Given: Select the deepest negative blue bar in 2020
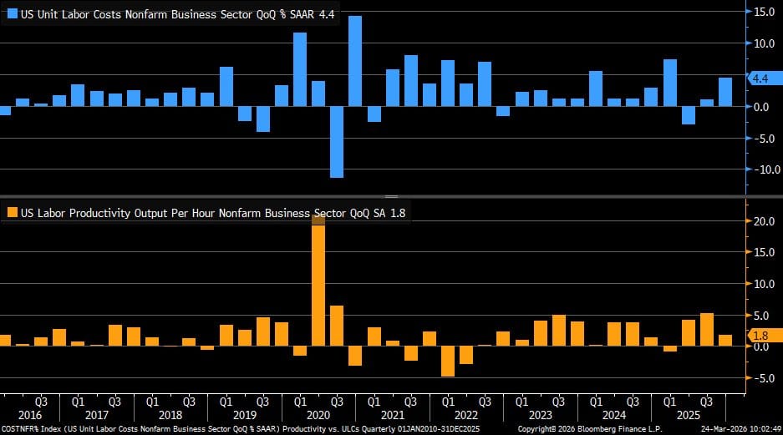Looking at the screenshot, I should [x=337, y=141].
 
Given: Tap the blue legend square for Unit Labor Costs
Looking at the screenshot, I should [x=12, y=14].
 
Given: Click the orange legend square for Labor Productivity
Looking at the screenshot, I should [x=12, y=213].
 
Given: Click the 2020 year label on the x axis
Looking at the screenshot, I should [x=318, y=414].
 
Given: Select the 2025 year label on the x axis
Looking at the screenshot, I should [x=689, y=414].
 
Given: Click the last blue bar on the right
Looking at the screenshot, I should [x=725, y=92].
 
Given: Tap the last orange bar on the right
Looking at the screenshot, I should [x=725, y=340].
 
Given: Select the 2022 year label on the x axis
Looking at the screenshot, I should [x=466, y=414].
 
